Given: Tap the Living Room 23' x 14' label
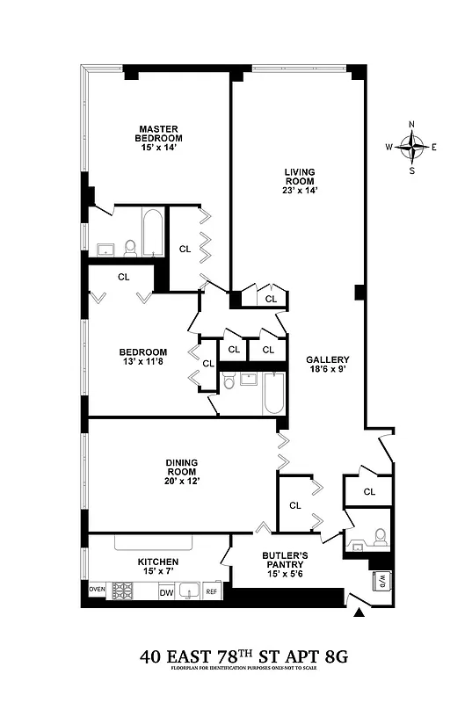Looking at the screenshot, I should (299, 180).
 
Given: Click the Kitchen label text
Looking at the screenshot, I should (158, 568).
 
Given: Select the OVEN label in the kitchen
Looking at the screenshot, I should (97, 589).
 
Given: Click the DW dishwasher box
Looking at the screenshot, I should (166, 592).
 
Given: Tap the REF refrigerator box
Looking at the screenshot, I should (211, 592).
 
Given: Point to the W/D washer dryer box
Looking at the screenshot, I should (383, 581).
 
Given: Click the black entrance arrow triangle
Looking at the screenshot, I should (357, 612).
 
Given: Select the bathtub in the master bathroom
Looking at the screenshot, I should (152, 231).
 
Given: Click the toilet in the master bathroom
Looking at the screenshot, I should (130, 247).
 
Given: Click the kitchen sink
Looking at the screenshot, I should (188, 591).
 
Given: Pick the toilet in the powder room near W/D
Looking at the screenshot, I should (379, 537).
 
